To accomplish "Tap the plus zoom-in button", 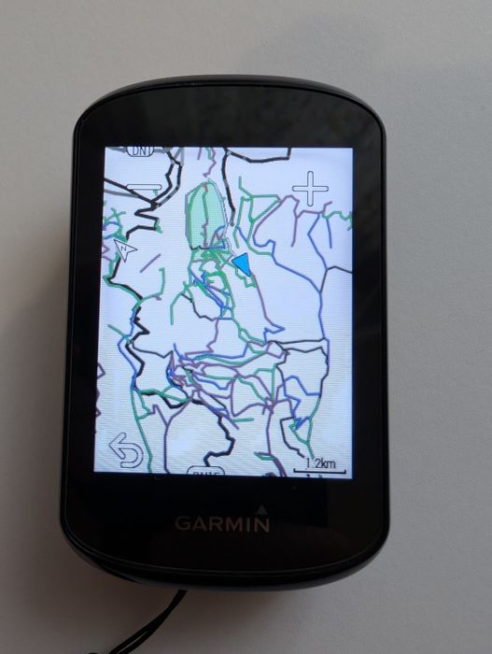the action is click(x=310, y=190).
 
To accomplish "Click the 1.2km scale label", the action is click(x=320, y=462).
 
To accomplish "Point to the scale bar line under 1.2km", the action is click(x=320, y=471).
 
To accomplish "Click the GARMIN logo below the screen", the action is click(x=222, y=523).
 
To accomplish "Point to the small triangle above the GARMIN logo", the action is click(x=262, y=510).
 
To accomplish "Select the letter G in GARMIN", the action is click(x=182, y=523).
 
